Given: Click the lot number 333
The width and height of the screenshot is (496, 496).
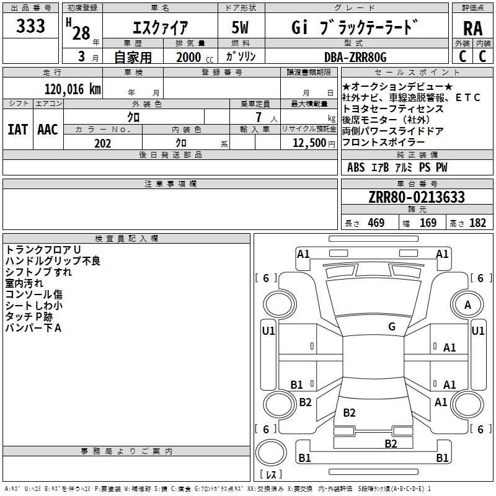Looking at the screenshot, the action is tap(30, 27).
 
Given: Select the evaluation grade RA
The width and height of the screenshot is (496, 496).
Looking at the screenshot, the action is tap(472, 29).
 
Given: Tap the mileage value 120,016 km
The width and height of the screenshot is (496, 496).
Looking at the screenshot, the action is tap(73, 89).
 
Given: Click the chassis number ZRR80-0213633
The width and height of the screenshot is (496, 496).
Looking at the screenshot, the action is tap(416, 197).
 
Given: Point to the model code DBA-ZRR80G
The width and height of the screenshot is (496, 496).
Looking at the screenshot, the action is tap(355, 57).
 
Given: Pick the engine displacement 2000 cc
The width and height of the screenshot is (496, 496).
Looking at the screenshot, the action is tap(189, 57).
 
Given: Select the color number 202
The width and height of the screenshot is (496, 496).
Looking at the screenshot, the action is tap(102, 143).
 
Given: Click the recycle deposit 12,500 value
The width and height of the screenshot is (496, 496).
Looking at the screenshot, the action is tap(309, 143).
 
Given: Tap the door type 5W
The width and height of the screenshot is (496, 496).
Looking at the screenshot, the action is tap(241, 28).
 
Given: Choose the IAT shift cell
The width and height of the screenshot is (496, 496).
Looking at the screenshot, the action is tap(18, 129).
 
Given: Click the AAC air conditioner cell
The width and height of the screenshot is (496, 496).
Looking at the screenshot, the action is tap(48, 129).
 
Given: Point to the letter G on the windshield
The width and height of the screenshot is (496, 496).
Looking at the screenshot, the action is tap(392, 327).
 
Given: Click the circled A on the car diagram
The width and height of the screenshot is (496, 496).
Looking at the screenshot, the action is tap(467, 304).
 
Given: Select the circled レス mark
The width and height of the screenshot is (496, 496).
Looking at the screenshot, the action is tap(271, 474).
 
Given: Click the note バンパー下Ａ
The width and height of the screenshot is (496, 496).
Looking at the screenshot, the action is tap(33, 328).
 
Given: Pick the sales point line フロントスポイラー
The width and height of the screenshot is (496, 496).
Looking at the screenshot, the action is tap(384, 142).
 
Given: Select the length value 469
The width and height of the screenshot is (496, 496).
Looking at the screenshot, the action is tap(375, 223).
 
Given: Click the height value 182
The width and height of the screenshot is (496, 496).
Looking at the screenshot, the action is tap(477, 223).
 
